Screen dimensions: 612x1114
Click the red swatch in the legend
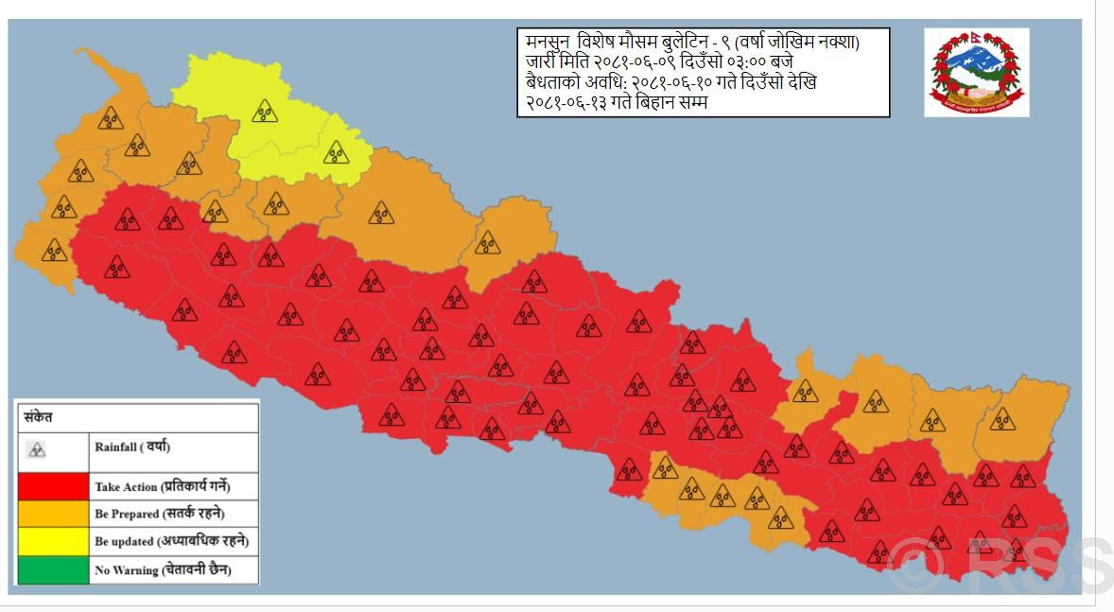click(52, 487)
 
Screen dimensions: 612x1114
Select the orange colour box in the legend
click(52, 514)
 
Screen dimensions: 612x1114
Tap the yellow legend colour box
click(52, 542)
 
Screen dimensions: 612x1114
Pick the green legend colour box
click(52, 569)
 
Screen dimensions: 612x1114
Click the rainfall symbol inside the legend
click(37, 448)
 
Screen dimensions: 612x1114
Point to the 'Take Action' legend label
click(162, 487)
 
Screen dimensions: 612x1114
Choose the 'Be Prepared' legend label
click(161, 515)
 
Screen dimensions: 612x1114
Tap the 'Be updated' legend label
click(170, 542)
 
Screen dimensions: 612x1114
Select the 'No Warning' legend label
click(162, 569)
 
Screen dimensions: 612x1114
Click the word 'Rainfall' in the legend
click(115, 446)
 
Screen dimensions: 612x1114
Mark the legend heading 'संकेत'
click(39, 417)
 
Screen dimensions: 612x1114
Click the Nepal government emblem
click(976, 72)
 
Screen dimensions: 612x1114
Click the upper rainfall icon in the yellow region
click(264, 111)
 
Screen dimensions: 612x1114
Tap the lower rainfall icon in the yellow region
click(336, 151)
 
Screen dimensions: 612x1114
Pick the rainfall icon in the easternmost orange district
click(1001, 418)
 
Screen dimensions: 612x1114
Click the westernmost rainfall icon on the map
click(54, 250)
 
